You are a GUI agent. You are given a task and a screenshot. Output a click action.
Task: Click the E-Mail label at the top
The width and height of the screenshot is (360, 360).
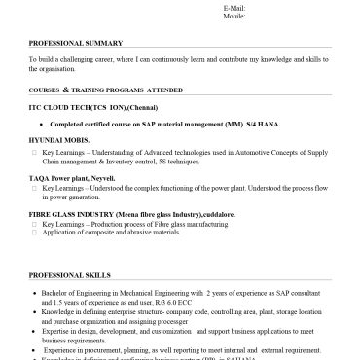tap(234, 7)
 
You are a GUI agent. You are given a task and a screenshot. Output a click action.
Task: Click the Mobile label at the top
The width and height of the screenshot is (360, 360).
tap(234, 17)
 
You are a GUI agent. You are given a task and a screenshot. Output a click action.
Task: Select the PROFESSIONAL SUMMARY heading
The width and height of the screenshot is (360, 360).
tap(76, 44)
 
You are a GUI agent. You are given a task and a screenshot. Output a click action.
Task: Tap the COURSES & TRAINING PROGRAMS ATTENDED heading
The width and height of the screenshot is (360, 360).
tap(100, 89)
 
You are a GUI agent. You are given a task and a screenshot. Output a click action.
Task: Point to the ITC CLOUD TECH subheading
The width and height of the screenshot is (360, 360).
tap(68, 109)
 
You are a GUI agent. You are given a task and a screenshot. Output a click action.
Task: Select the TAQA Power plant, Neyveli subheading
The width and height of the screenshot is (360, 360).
tap(71, 179)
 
